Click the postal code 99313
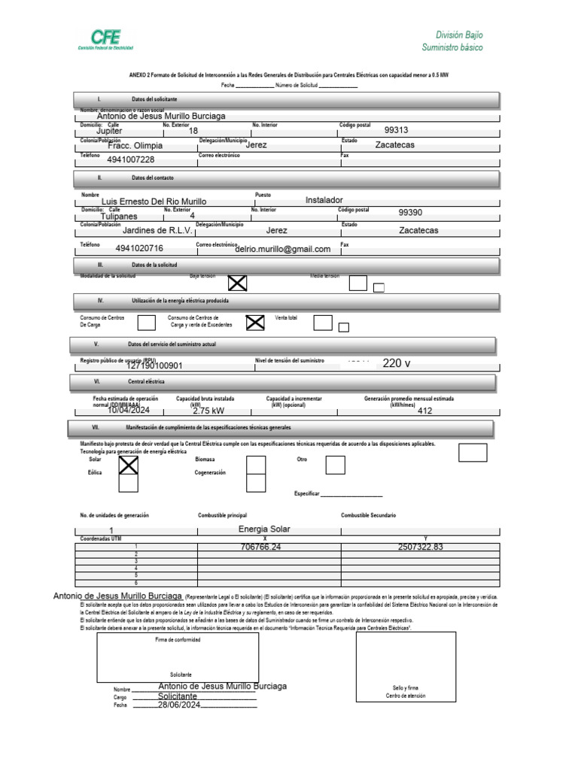tap(396, 129)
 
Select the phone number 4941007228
tap(131, 159)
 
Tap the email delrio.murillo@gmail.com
tap(283, 249)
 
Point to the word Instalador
tap(324, 200)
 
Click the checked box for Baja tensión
tap(238, 283)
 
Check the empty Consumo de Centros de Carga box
tap(148, 323)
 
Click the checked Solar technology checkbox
tap(129, 465)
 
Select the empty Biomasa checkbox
tap(256, 465)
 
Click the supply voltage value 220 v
tap(397, 363)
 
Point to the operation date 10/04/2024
tap(129, 411)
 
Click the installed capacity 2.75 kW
tap(208, 411)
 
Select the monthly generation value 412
tap(424, 411)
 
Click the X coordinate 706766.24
tap(260, 547)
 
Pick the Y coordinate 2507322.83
tap(421, 547)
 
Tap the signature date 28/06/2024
tap(181, 705)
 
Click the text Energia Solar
tap(263, 529)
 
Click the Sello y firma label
tap(406, 688)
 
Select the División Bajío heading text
tap(459, 35)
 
